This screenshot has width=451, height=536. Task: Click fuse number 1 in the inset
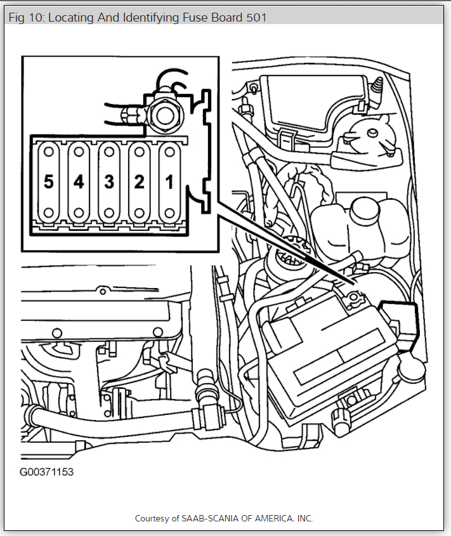click(x=169, y=183)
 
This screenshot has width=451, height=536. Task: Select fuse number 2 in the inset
click(x=139, y=183)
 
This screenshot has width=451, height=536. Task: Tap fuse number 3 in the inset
click(x=109, y=183)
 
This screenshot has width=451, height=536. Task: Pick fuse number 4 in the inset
click(x=79, y=183)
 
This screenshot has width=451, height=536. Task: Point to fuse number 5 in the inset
click(x=48, y=183)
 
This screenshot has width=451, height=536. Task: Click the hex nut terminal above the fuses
click(x=165, y=114)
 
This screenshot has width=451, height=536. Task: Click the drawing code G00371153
click(x=46, y=473)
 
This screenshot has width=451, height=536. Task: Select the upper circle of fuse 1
click(x=169, y=153)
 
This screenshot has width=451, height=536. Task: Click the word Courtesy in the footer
click(x=151, y=518)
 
